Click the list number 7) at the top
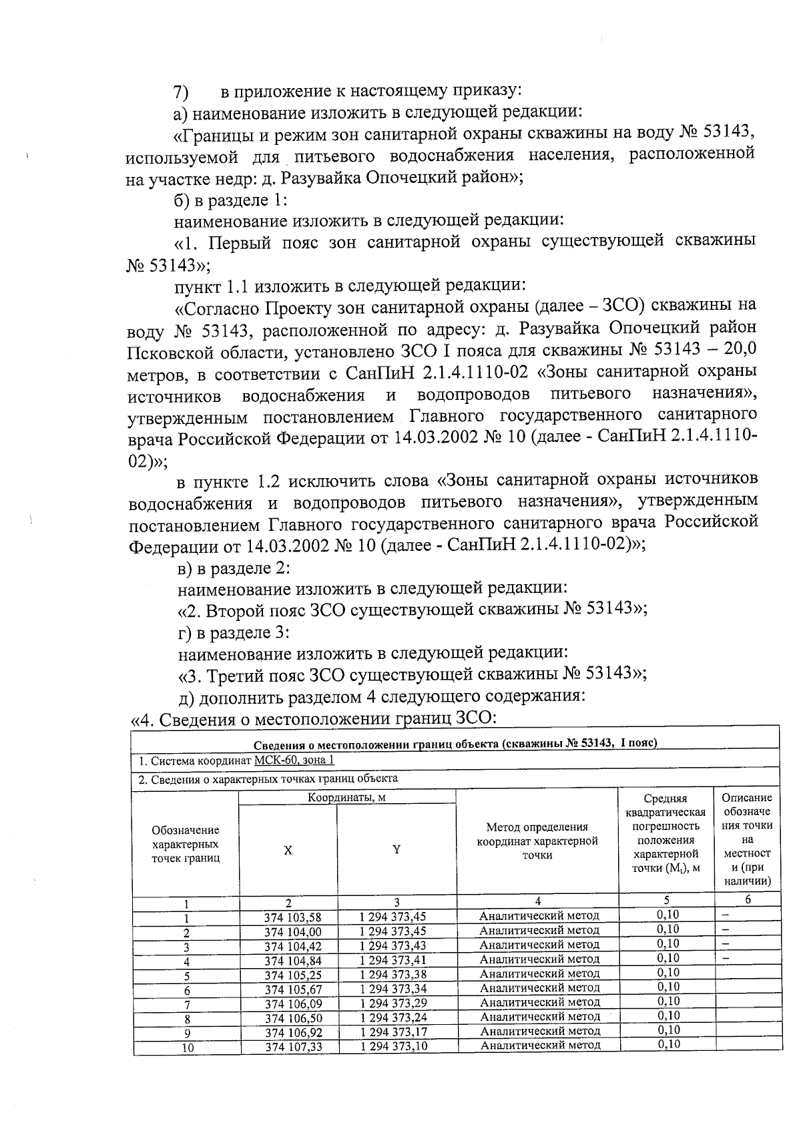pyautogui.click(x=181, y=91)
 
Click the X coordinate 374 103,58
pyautogui.click(x=292, y=917)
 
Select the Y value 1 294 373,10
pyautogui.click(x=393, y=1046)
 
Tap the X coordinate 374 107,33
pyautogui.click(x=293, y=1047)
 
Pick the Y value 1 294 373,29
pyautogui.click(x=393, y=1003)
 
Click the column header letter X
pyautogui.click(x=288, y=851)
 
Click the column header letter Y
pyautogui.click(x=396, y=849)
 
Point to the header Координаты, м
pyautogui.click(x=346, y=797)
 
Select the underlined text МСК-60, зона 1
pyautogui.click(x=294, y=761)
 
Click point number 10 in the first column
pyautogui.click(x=188, y=1048)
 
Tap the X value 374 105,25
pyautogui.click(x=293, y=975)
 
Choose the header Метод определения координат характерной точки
pyautogui.click(x=537, y=841)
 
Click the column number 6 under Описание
pyautogui.click(x=748, y=900)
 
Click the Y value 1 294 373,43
pyautogui.click(x=393, y=945)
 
